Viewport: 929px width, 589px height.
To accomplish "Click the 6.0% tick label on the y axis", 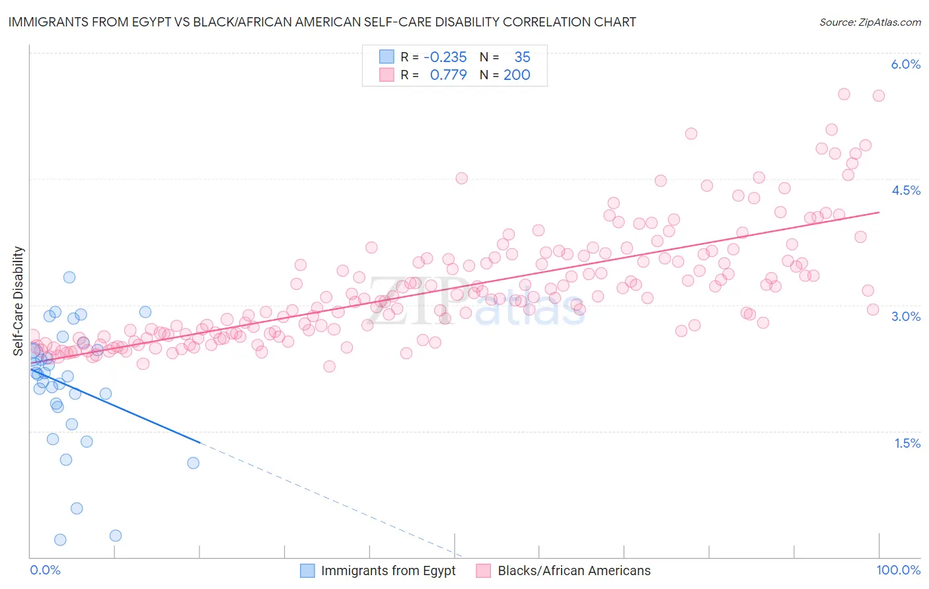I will pos(905,64).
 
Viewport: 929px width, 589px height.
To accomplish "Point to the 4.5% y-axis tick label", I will pos(905,190).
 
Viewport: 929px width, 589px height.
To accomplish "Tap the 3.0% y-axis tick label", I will pos(905,316).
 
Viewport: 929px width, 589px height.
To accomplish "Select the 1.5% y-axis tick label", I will pos(907,443).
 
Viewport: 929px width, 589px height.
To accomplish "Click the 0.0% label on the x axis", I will pos(45,570).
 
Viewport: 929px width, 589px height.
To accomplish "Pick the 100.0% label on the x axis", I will pos(898,570).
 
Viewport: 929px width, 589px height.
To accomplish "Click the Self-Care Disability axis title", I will pos(18,300).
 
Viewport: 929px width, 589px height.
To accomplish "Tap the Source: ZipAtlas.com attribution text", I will pos(870,22).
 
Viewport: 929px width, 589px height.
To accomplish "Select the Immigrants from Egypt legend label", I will pos(388,571).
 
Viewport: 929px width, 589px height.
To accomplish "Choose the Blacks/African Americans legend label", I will pos(574,571).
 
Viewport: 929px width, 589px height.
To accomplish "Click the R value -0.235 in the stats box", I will pos(445,57).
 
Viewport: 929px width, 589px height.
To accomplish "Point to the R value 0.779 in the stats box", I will pos(448,75).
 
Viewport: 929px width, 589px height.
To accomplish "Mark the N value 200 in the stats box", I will pos(517,75).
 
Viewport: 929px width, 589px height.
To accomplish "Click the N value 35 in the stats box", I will pos(522,57).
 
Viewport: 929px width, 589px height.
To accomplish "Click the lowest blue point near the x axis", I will pos(60,539).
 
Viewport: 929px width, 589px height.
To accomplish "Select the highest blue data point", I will pos(69,277).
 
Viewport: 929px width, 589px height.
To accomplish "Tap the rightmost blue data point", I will pos(193,463).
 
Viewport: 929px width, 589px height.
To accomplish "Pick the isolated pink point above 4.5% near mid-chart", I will pos(461,178).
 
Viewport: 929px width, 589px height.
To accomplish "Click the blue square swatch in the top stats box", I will pos(387,57).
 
